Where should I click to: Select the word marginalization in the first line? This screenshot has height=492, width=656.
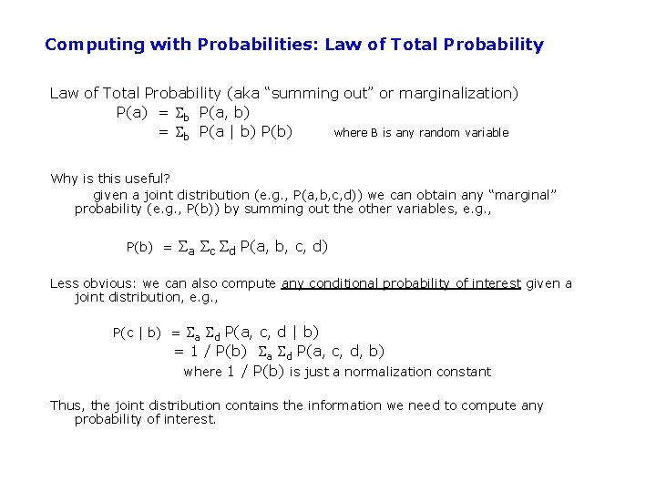point(462,93)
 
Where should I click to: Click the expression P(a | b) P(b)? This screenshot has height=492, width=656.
point(246,131)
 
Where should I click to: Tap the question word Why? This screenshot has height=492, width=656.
point(64,178)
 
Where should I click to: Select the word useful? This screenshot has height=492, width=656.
point(149,178)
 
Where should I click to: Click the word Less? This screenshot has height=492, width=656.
point(64,283)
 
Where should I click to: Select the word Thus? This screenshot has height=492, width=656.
point(67,405)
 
